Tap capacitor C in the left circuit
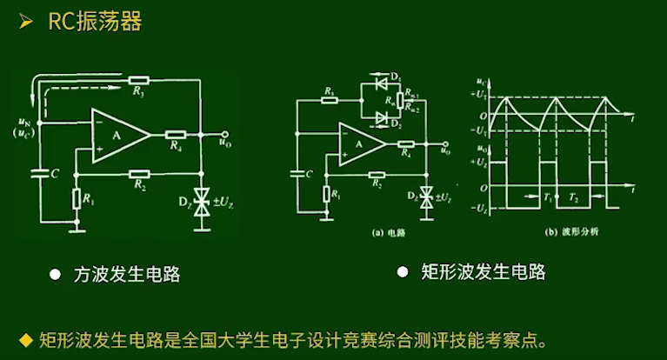(x=40, y=174)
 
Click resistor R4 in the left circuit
(x=176, y=136)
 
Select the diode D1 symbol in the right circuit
(x=379, y=83)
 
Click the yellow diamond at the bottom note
(x=25, y=338)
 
